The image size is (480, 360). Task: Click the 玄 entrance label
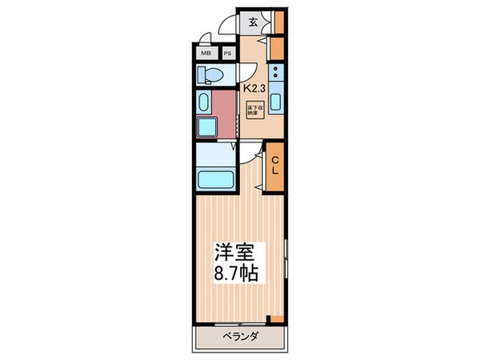pyautogui.click(x=253, y=22)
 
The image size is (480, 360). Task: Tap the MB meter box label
pyautogui.click(x=206, y=54)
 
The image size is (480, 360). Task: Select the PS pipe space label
pyautogui.click(x=227, y=54)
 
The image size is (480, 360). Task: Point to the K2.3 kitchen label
pyautogui.click(x=254, y=88)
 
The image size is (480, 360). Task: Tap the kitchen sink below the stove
pyautogui.click(x=276, y=102)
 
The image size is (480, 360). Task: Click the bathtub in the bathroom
pyautogui.click(x=214, y=178)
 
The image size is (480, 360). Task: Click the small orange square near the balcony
pyautogui.click(x=277, y=320)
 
